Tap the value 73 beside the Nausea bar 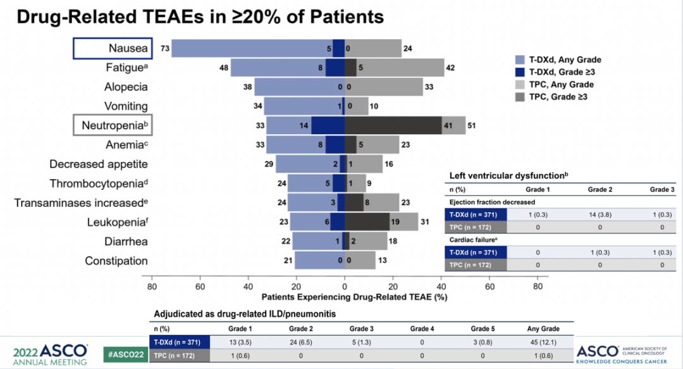pyautogui.click(x=164, y=49)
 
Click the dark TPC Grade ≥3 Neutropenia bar pyautogui.click(x=393, y=125)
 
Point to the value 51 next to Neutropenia pyautogui.click(x=472, y=125)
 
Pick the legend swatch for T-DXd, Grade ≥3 pyautogui.click(x=520, y=71)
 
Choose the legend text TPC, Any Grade pyautogui.click(x=562, y=84)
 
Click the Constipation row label pyautogui.click(x=116, y=261)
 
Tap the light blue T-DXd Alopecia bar pyautogui.click(x=297, y=87)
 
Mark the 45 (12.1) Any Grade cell pyautogui.click(x=542, y=342)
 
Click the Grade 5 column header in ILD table pyautogui.click(x=482, y=328)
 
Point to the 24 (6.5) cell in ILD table pyautogui.click(x=300, y=342)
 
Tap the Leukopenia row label pyautogui.click(x=117, y=222)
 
